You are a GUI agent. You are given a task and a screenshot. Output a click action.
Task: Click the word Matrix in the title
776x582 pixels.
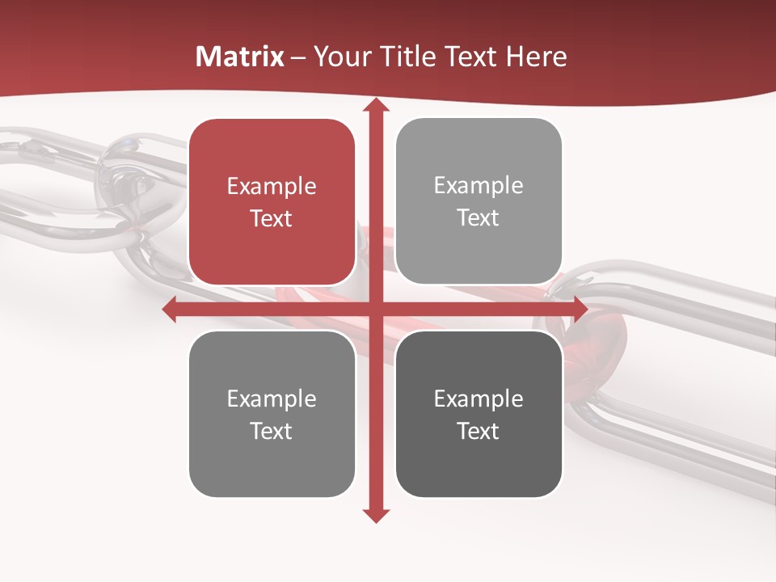[x=240, y=57]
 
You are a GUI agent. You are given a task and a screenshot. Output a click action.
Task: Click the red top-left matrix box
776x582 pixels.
[x=272, y=201]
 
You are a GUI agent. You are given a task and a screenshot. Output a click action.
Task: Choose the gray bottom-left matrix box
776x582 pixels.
[x=272, y=414]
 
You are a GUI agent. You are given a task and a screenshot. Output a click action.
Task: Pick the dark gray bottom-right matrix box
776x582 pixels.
[x=479, y=414]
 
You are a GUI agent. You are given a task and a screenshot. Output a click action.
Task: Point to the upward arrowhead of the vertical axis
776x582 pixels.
[x=375, y=106]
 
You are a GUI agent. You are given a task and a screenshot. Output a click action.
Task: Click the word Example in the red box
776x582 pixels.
[x=272, y=187]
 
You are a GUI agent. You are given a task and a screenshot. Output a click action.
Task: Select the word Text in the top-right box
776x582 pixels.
[x=479, y=218]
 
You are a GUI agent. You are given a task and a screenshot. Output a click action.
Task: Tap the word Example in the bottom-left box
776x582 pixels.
[x=272, y=399]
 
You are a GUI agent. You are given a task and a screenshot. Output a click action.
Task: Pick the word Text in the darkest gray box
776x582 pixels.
[x=479, y=432]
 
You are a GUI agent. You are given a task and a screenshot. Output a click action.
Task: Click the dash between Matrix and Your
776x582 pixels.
[x=297, y=57]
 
